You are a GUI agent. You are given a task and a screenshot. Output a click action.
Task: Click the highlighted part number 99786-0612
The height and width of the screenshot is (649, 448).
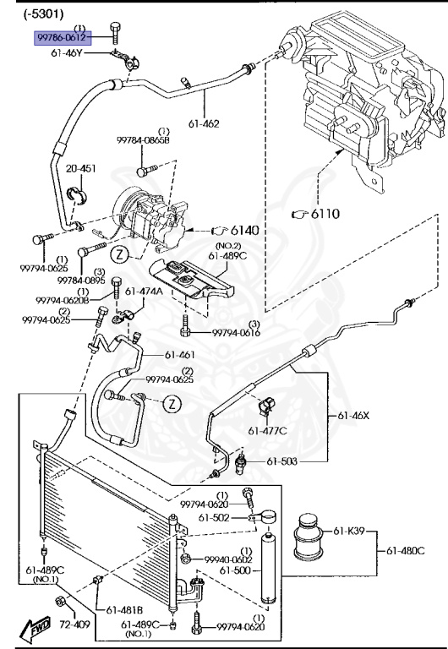tap(62, 38)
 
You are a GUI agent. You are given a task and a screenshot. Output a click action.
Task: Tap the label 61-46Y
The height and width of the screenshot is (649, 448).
tap(66, 53)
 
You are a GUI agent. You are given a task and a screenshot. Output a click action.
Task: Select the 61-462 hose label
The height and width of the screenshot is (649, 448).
tap(204, 123)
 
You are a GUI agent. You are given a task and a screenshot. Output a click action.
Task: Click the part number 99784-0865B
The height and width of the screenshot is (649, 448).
tap(143, 140)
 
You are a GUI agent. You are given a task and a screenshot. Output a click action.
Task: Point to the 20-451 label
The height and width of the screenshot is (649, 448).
tap(81, 168)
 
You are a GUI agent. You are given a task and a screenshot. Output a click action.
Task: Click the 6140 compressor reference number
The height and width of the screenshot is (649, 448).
tap(244, 230)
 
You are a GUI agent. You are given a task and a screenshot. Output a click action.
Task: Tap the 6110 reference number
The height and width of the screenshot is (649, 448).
tap(325, 214)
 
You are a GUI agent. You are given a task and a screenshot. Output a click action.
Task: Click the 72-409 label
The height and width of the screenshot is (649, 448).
tap(74, 624)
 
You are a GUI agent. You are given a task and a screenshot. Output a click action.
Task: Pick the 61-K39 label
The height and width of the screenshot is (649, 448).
tap(349, 531)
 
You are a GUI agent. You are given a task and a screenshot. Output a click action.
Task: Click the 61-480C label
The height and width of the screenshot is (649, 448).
tap(406, 551)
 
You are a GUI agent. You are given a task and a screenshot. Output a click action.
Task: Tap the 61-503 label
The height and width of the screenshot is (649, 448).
tap(282, 461)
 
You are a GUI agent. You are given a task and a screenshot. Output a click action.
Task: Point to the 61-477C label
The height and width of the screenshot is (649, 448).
tap(267, 431)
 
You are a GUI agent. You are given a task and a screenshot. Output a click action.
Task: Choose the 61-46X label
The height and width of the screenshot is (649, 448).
tap(353, 415)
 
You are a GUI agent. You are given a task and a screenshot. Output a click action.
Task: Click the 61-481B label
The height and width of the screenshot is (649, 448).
tap(124, 610)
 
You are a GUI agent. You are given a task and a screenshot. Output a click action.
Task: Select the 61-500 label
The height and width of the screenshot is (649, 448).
tap(235, 570)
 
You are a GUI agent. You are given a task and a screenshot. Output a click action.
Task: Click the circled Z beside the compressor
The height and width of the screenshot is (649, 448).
tap(120, 254)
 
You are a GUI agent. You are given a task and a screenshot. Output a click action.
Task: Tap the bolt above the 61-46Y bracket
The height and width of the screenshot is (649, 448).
tap(115, 33)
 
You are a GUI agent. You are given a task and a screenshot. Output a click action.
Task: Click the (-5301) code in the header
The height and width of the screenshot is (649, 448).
tap(43, 14)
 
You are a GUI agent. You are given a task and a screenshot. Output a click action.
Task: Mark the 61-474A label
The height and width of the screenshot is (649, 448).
tap(144, 292)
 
